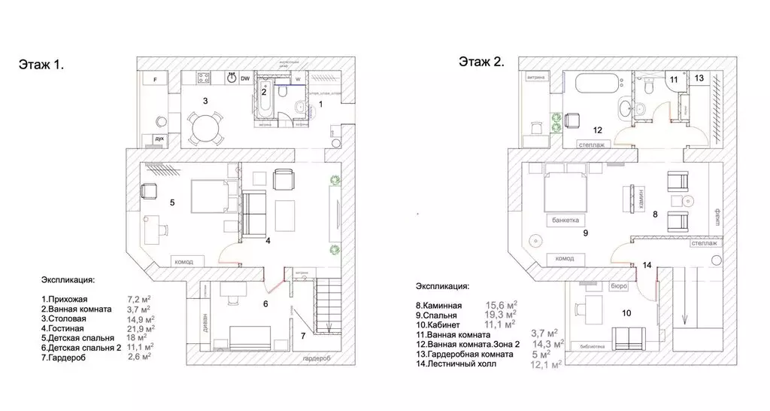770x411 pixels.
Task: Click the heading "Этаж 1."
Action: pyautogui.click(x=41, y=65)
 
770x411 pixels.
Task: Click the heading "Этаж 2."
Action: pyautogui.click(x=481, y=61)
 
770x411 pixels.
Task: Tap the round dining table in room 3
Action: pyautogui.click(x=205, y=129)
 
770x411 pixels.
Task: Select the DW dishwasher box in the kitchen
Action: pyautogui.click(x=245, y=78)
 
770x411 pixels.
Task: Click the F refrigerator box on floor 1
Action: pyautogui.click(x=154, y=79)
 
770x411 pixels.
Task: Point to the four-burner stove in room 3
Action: pyautogui.click(x=204, y=77)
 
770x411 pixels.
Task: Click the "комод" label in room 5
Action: pyautogui.click(x=184, y=261)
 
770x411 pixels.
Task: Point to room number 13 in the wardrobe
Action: pyautogui.click(x=699, y=78)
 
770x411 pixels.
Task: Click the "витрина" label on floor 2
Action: pyautogui.click(x=536, y=76)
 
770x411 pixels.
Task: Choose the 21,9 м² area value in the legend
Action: pyautogui.click(x=141, y=327)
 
